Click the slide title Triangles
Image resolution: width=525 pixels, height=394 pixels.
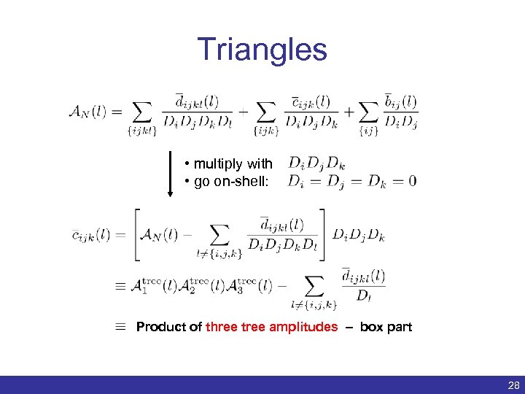click(262, 49)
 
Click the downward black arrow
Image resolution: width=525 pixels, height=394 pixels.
click(171, 174)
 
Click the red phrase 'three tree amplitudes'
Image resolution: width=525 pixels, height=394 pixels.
click(272, 327)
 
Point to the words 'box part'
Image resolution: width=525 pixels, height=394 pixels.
click(386, 327)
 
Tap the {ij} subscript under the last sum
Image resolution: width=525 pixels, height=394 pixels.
click(370, 132)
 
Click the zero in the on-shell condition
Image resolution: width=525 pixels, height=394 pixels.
click(412, 181)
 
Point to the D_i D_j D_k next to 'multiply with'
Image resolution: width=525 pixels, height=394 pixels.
click(316, 163)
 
